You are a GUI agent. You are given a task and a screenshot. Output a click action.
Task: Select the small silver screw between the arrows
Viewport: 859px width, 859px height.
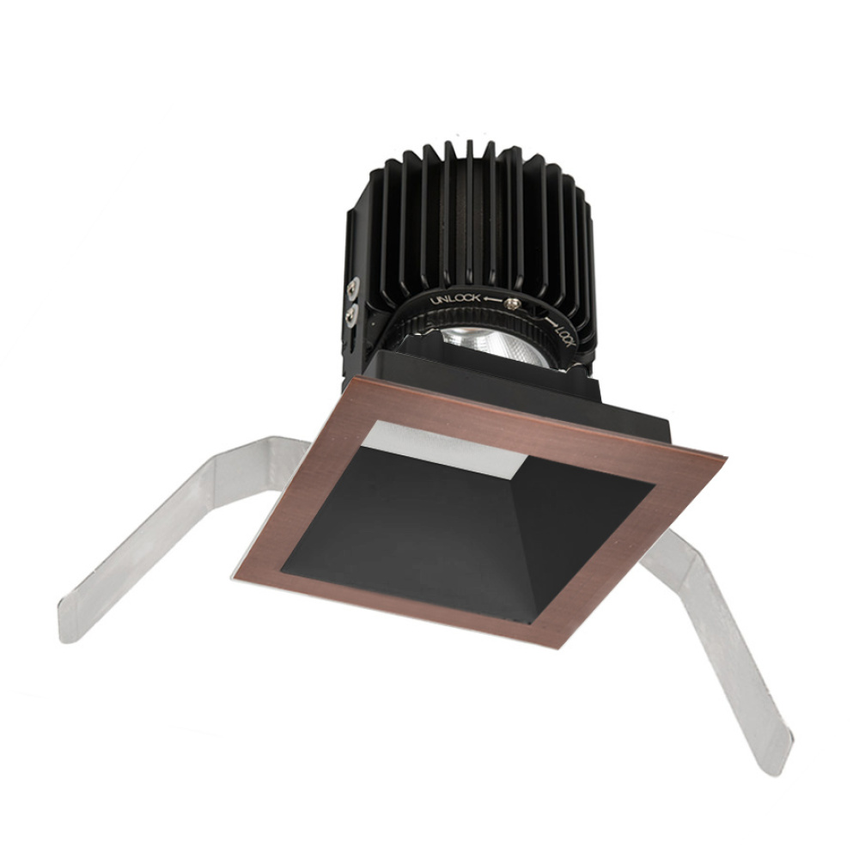tap(514, 302)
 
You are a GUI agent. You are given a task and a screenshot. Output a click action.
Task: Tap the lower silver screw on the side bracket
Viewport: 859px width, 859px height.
tap(350, 316)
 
